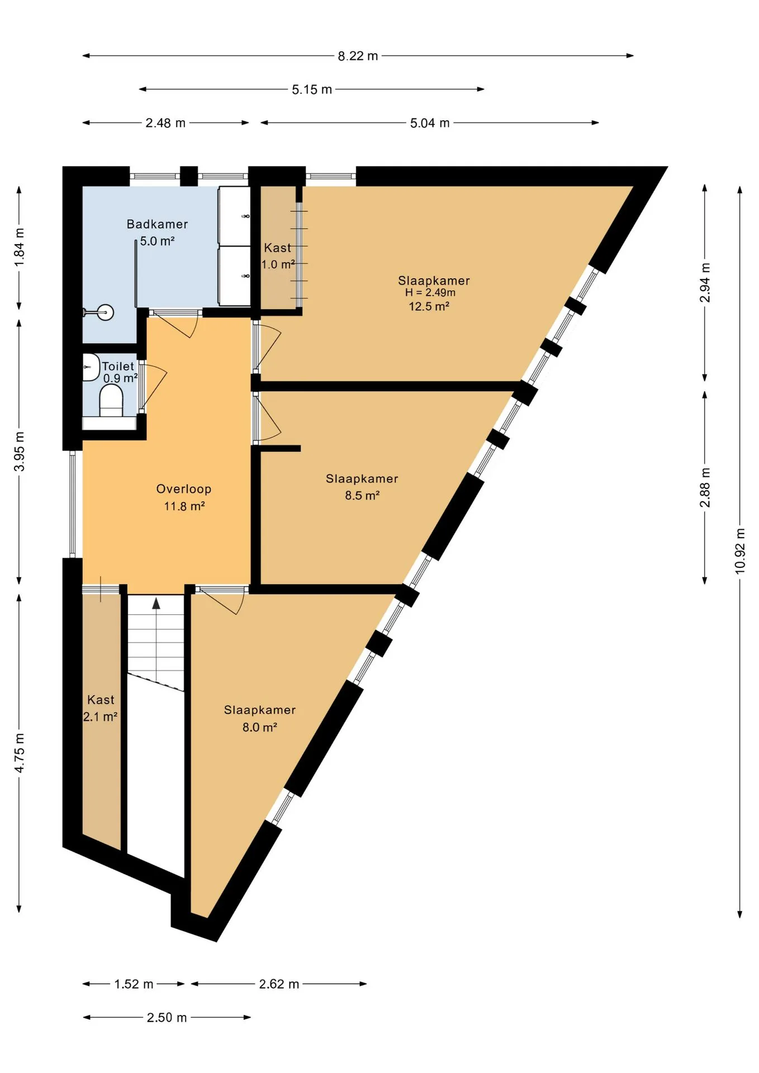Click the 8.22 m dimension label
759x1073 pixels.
tap(358, 56)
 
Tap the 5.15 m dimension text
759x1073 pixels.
tap(312, 89)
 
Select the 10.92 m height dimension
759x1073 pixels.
tap(740, 551)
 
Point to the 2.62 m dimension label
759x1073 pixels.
tap(279, 984)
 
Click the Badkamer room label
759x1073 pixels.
tap(157, 224)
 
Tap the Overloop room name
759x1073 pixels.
tap(184, 489)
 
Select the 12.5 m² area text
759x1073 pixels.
tap(429, 306)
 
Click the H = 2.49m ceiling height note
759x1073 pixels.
tap(430, 292)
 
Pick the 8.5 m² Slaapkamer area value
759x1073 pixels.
tap(362, 496)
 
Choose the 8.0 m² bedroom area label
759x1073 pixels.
tap(260, 727)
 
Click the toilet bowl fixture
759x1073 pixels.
tap(111, 401)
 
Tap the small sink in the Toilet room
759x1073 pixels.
tap(91, 367)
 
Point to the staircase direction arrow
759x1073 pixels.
tap(156, 603)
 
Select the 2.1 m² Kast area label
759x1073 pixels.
tap(101, 717)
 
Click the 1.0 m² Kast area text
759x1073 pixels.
tap(278, 264)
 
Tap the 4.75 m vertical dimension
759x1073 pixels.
tap(20, 753)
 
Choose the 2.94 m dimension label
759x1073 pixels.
tap(705, 283)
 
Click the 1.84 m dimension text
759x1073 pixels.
tap(20, 248)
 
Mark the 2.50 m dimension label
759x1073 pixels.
tap(167, 1018)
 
